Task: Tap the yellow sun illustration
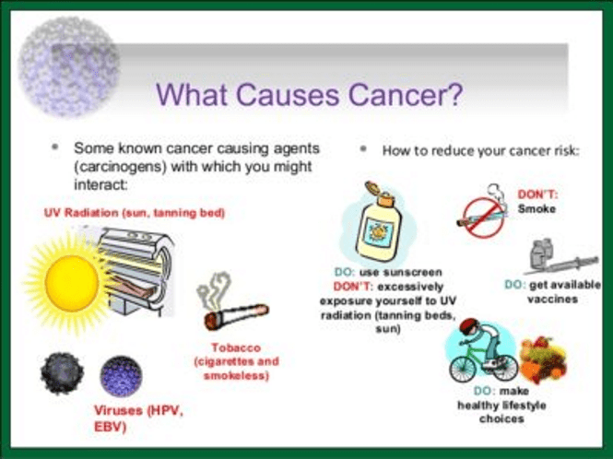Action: coord(71,283)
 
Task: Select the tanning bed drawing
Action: coord(135,270)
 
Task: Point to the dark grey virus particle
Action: coord(62,373)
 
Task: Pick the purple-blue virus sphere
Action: coord(121,376)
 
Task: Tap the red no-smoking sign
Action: coord(484,218)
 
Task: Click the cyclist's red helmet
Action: coord(469,325)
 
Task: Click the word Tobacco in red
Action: coord(236,347)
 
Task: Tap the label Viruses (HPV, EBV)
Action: coord(139,418)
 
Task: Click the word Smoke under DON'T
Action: coord(536,209)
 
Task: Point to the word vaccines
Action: coord(552,300)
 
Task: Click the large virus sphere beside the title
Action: coord(69,67)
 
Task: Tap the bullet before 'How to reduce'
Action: coord(363,148)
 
